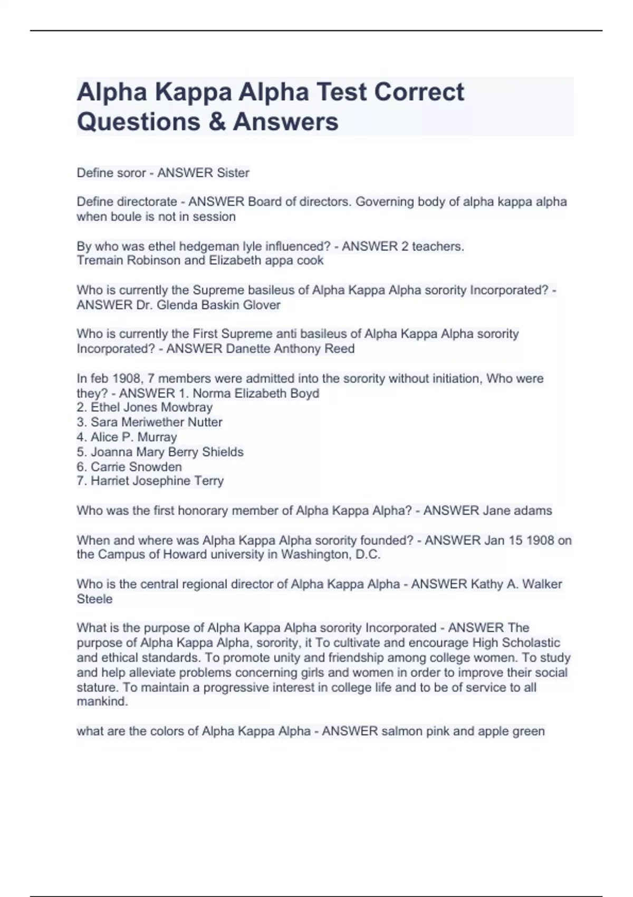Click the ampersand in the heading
pos(216,121)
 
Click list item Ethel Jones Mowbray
pos(151,407)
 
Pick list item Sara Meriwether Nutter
pos(156,422)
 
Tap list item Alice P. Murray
pos(133,437)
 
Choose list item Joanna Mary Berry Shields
pos(167,452)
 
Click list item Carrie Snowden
pos(136,466)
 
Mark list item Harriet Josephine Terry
pos(157,481)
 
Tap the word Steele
pos(94,599)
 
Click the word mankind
pos(102,702)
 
